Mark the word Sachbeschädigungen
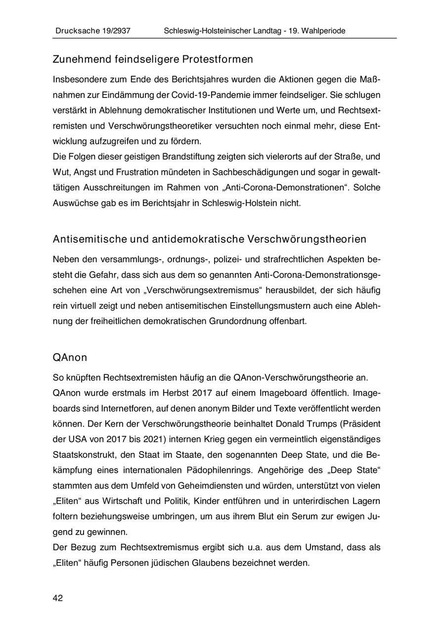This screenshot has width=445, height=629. point(256,172)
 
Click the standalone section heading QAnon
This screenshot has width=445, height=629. point(70,358)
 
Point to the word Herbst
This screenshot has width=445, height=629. point(162,393)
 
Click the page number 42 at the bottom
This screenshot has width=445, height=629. point(58,598)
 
